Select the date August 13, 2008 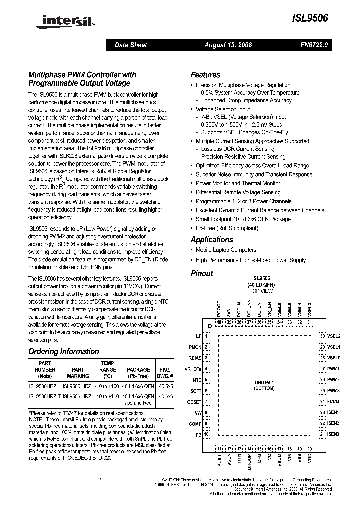pos(228,45)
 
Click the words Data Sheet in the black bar pos(131,45)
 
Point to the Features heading pos(205,75)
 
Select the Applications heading pos(212,239)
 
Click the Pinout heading pos(202,273)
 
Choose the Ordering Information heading pos(63,351)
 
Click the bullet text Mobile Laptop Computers pos(226,250)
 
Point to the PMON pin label pos(195,347)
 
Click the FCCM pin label pos(333,401)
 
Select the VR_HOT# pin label pos(193,369)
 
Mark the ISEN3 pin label pos(333,434)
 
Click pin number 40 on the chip pos(219,322)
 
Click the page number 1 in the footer pos(100,480)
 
